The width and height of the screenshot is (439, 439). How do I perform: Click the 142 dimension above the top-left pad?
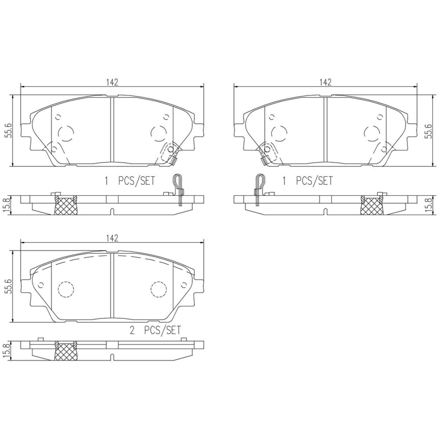coord(112,82)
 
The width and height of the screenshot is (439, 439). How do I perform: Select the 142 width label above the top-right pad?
coord(325,82)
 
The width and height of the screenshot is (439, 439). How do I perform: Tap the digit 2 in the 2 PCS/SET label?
coord(132,331)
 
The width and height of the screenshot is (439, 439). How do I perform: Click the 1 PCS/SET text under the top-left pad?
coord(130,181)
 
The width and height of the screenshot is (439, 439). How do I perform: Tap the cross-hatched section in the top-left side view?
coord(66,206)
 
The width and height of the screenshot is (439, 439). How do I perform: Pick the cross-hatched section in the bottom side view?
coord(66,351)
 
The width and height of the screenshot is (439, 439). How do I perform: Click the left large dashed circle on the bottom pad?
coord(66,289)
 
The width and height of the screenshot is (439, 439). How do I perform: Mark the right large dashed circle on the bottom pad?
coord(159,289)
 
